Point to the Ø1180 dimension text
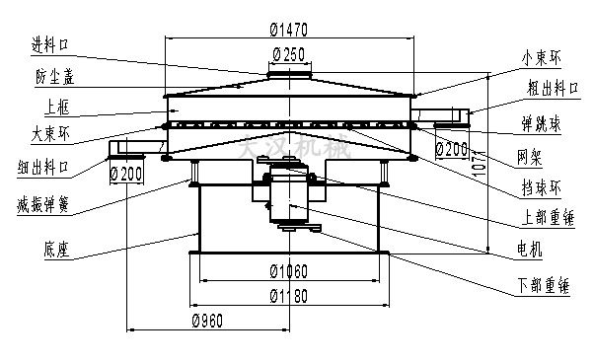pyautogui.click(x=288, y=296)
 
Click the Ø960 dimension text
pyautogui.click(x=208, y=321)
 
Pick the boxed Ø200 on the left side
pyautogui.click(x=127, y=174)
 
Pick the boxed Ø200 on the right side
pyautogui.click(x=451, y=150)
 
